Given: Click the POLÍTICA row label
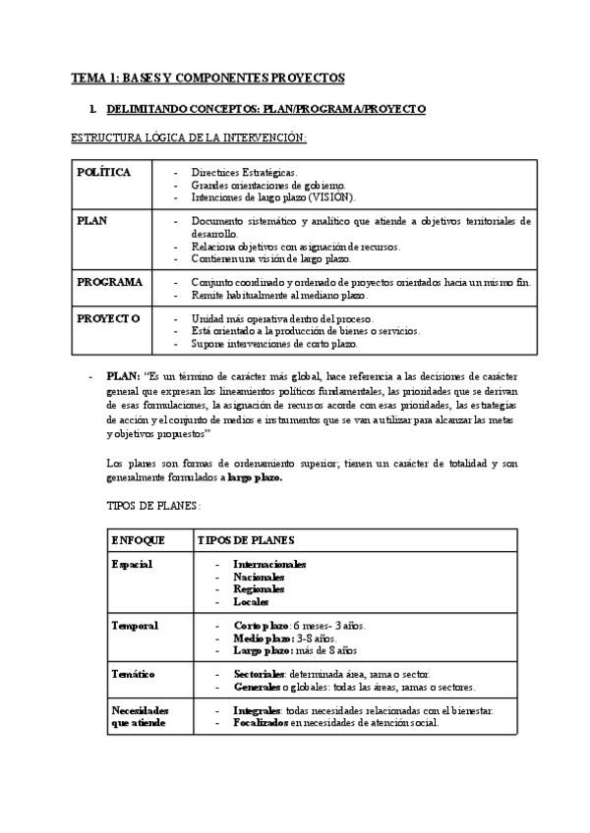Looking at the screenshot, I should point(104,172).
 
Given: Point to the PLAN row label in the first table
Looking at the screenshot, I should point(92,221).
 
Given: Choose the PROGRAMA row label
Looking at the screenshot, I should point(110,282).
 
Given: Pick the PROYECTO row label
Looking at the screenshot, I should point(109,318).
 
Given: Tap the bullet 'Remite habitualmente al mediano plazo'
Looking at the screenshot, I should point(278,295).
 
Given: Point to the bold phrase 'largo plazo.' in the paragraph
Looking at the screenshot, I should point(255,477).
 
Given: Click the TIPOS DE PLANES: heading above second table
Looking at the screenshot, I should point(152,505).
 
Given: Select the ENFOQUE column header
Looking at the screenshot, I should point(139,540).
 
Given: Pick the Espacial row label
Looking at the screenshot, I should point(133,564).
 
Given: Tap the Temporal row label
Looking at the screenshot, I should point(135,625).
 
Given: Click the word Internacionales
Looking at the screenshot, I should point(269,565).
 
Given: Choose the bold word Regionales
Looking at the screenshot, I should point(259,589).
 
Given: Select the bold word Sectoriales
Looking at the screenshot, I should point(261,675).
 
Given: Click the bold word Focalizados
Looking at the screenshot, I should point(261,722).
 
